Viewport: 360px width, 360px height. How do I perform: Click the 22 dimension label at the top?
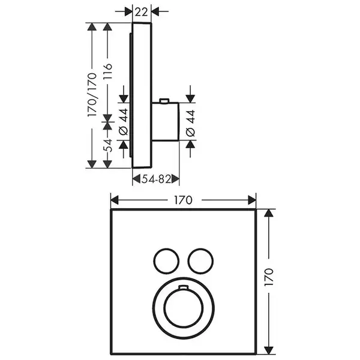[141, 12]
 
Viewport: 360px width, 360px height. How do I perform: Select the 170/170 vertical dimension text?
[92, 94]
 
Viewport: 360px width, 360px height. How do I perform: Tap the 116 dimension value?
[107, 71]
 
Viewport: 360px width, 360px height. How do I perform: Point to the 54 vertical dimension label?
[108, 146]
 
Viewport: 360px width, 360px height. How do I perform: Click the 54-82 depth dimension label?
[156, 179]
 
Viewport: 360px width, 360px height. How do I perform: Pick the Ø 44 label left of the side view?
[123, 122]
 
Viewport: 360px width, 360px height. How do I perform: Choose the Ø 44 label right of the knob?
[190, 124]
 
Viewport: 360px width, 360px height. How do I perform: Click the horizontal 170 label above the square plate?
[183, 200]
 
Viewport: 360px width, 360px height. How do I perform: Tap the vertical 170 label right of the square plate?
[269, 277]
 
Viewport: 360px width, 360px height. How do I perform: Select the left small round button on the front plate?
[166, 261]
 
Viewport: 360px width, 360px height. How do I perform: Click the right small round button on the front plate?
[200, 261]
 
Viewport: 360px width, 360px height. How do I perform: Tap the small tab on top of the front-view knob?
[183, 287]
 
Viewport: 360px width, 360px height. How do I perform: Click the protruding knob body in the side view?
[166, 121]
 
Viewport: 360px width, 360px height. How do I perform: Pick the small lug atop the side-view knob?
[164, 101]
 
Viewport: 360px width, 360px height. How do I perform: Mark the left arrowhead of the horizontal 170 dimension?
[115, 200]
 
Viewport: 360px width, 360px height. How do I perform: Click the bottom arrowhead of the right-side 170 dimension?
[269, 350]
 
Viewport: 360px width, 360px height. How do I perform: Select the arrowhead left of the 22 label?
[128, 11]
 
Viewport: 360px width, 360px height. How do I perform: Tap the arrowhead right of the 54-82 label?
[175, 179]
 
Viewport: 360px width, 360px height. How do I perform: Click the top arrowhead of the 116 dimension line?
[107, 26]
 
